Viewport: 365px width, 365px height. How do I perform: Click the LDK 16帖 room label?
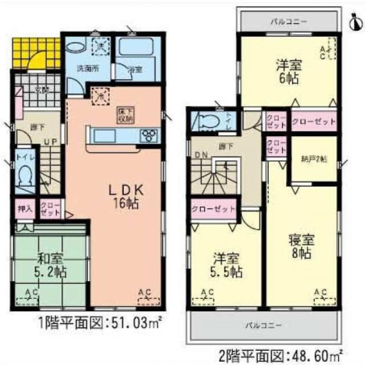[124, 197]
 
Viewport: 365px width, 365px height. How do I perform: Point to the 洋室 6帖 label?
[288, 71]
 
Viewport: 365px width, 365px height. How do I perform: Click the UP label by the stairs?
[50, 142]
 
